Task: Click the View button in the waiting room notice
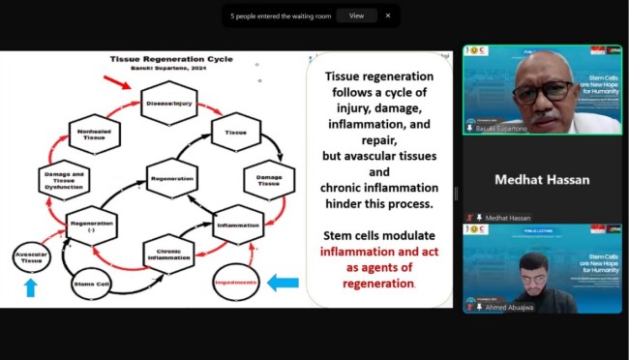356,15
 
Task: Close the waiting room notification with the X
388,15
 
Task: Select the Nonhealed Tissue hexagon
94,134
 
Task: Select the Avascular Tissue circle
31,256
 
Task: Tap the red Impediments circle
233,283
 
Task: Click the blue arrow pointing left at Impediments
282,283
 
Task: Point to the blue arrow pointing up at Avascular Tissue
30,288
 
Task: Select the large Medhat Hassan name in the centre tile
541,180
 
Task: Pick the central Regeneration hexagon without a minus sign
172,178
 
